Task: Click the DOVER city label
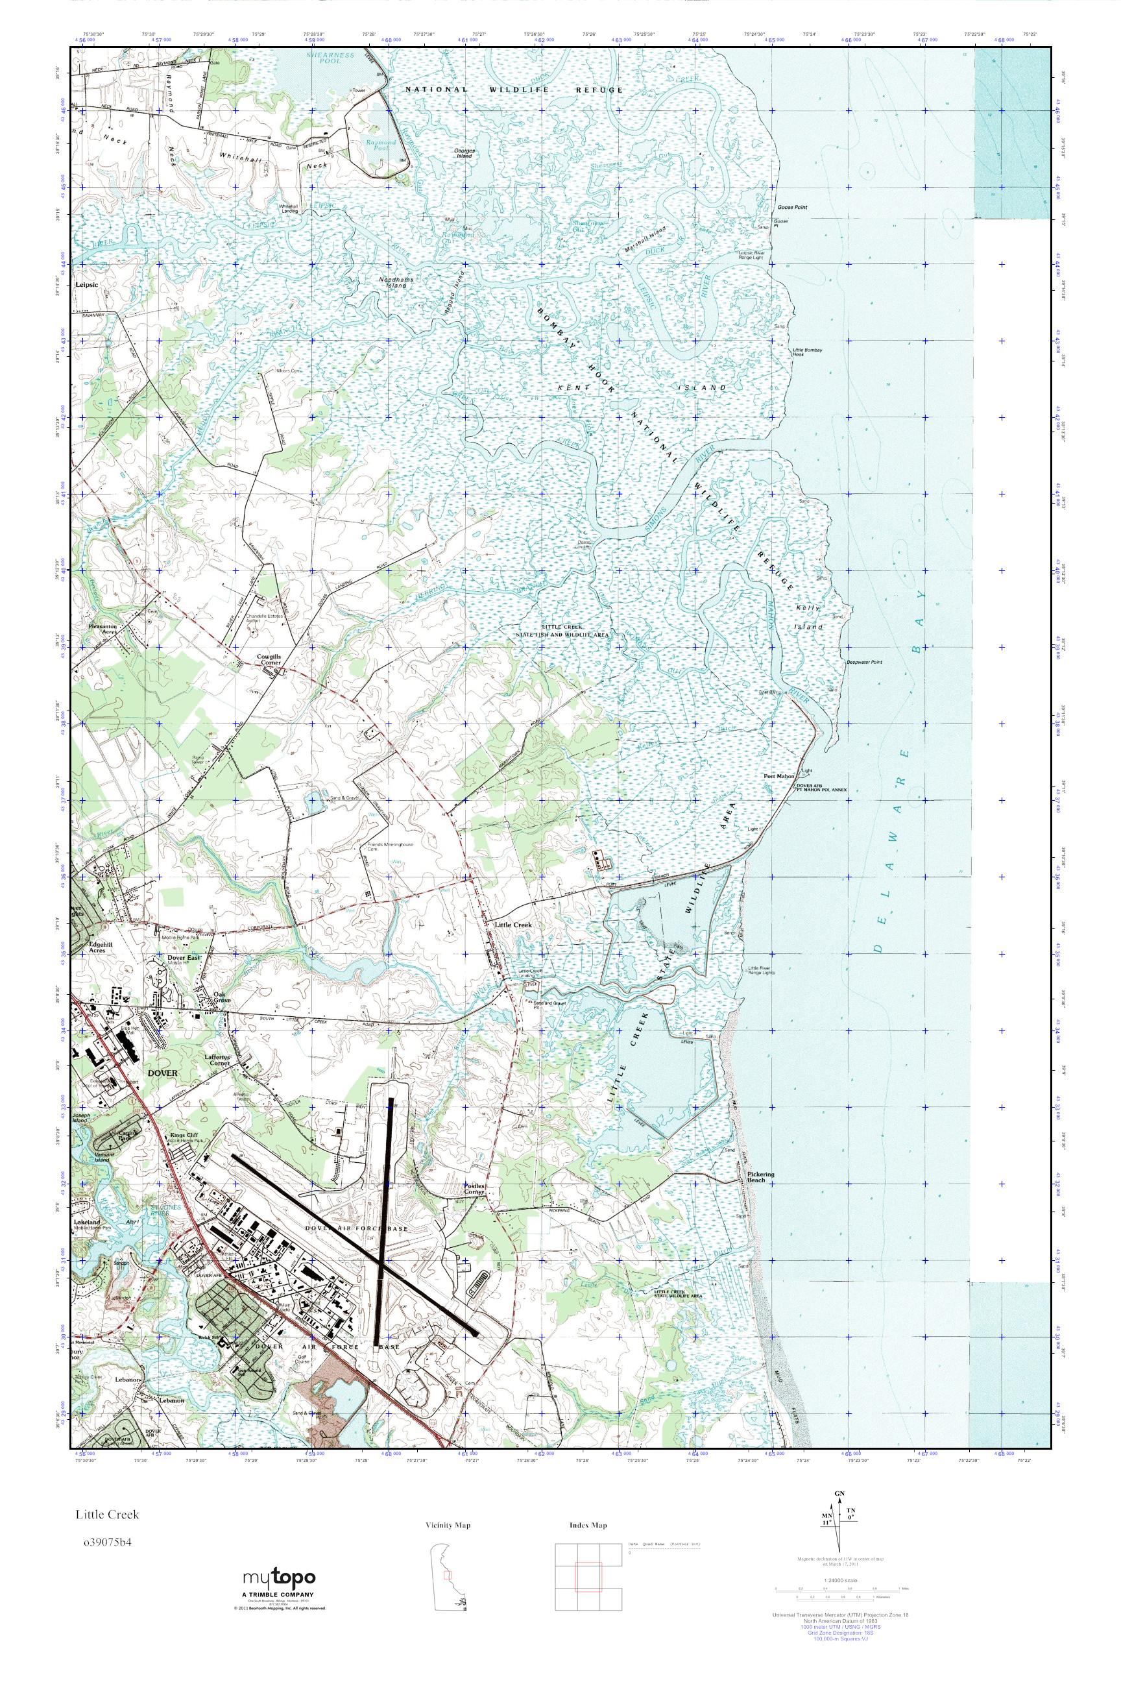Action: coord(162,1073)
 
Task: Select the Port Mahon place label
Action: coord(778,776)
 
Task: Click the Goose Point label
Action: coord(791,208)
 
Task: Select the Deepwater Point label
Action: coord(864,662)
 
